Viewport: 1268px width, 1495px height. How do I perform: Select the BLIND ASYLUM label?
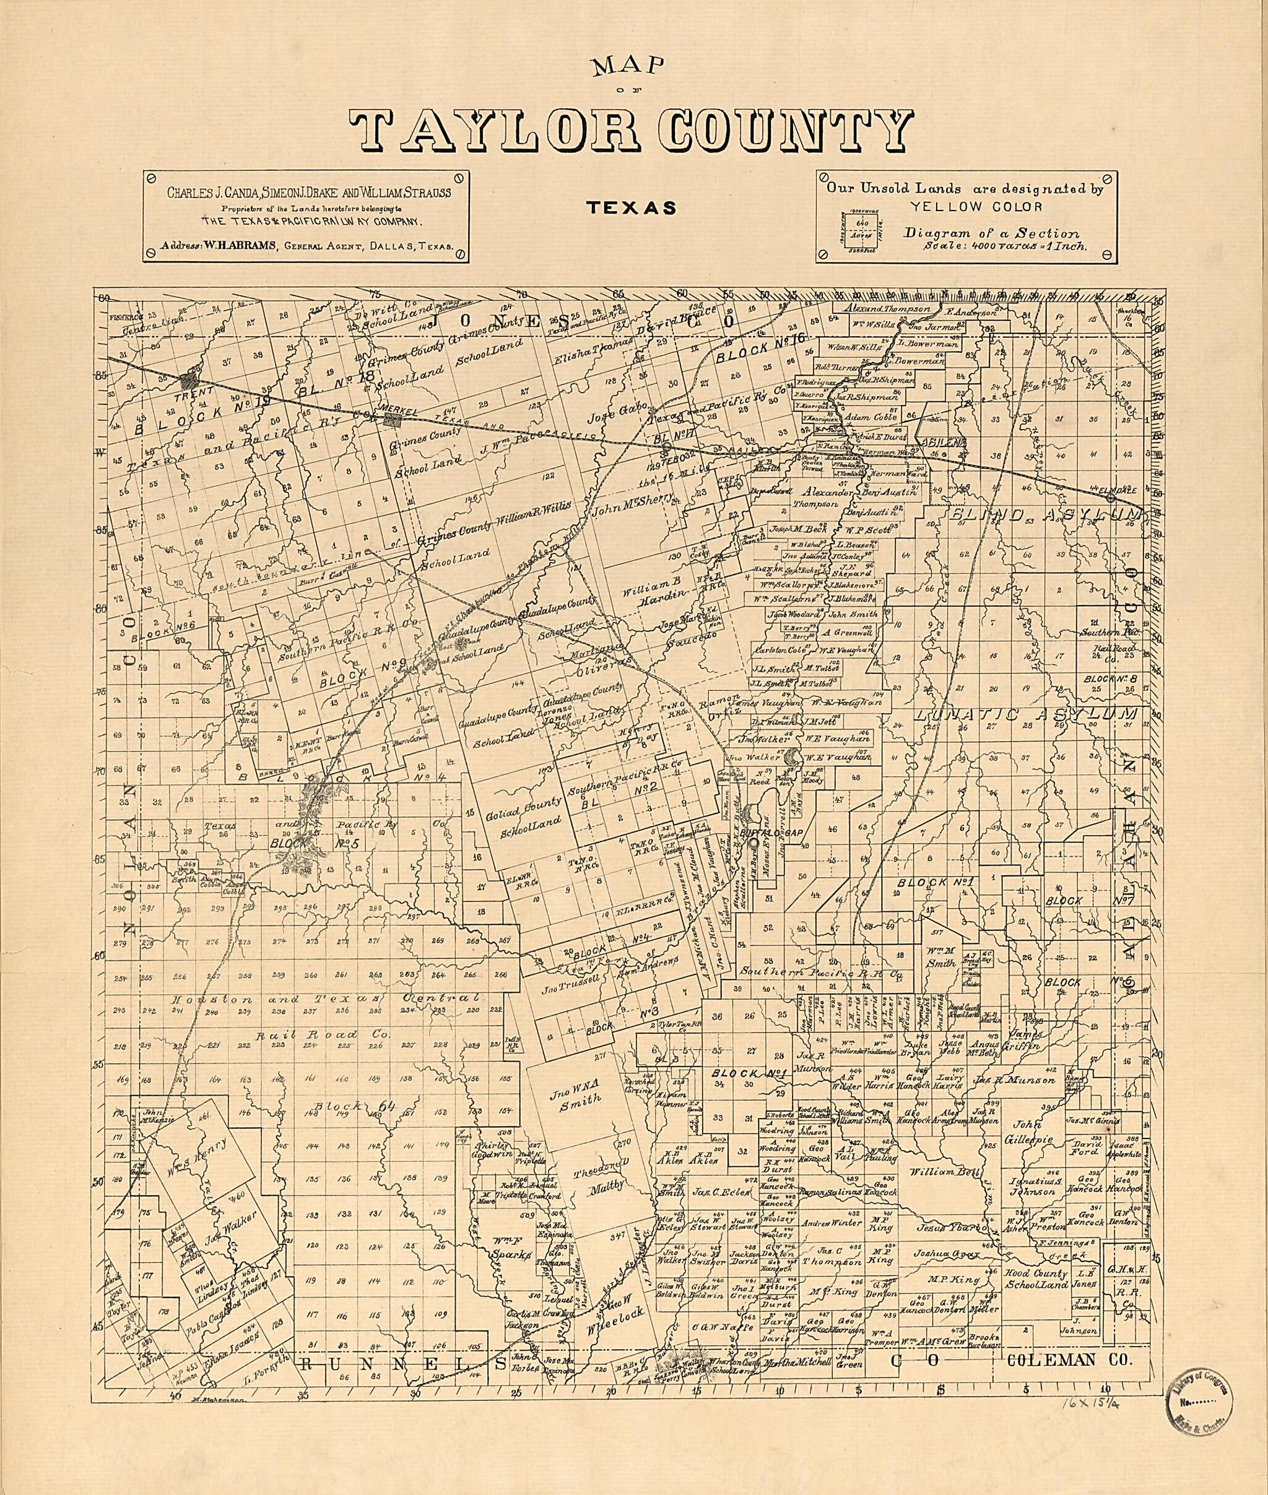(x=1040, y=514)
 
